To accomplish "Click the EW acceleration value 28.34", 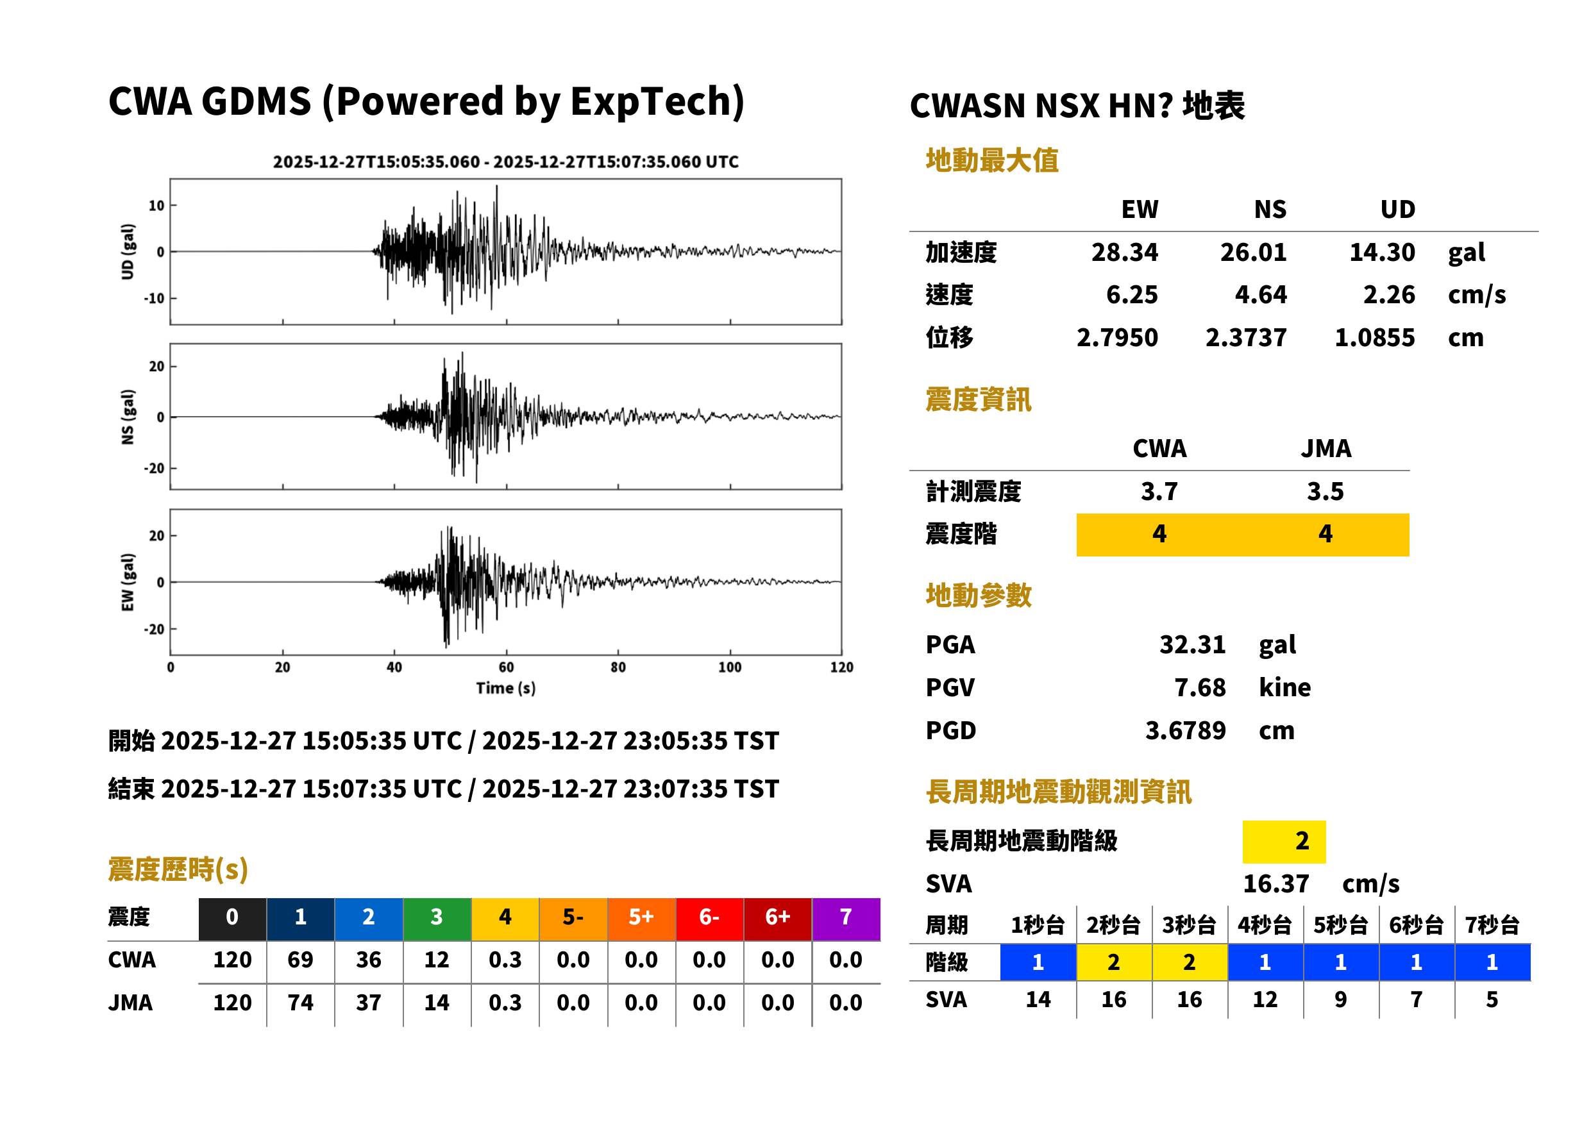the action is pos(1124,252).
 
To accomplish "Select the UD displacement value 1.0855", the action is pos(1374,337).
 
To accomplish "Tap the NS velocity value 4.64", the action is pos(1260,294).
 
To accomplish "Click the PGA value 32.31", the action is pos(1192,644).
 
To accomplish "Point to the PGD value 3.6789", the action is pos(1185,730).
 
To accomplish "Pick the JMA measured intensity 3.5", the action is pos(1325,490).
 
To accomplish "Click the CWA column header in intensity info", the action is pos(1159,447).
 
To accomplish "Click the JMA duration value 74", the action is pos(300,1002).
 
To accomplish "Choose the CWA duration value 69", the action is pos(300,959).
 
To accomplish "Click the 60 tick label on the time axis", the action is pos(506,667).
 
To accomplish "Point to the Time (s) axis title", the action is pos(506,688).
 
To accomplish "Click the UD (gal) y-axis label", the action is pos(128,251).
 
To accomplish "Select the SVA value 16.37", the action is pos(1275,883).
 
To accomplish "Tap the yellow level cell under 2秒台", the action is pos(1114,962).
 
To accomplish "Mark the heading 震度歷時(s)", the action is pos(178,869).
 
